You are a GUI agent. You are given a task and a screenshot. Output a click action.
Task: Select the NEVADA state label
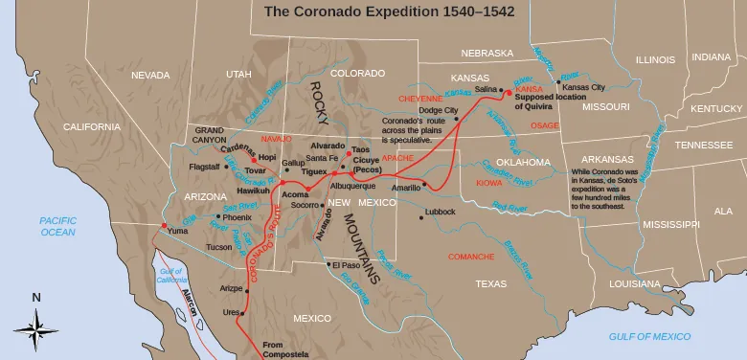click(150, 75)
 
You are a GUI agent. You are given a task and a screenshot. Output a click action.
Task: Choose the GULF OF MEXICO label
click(649, 336)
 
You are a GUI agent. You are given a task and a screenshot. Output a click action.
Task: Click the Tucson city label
click(218, 247)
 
